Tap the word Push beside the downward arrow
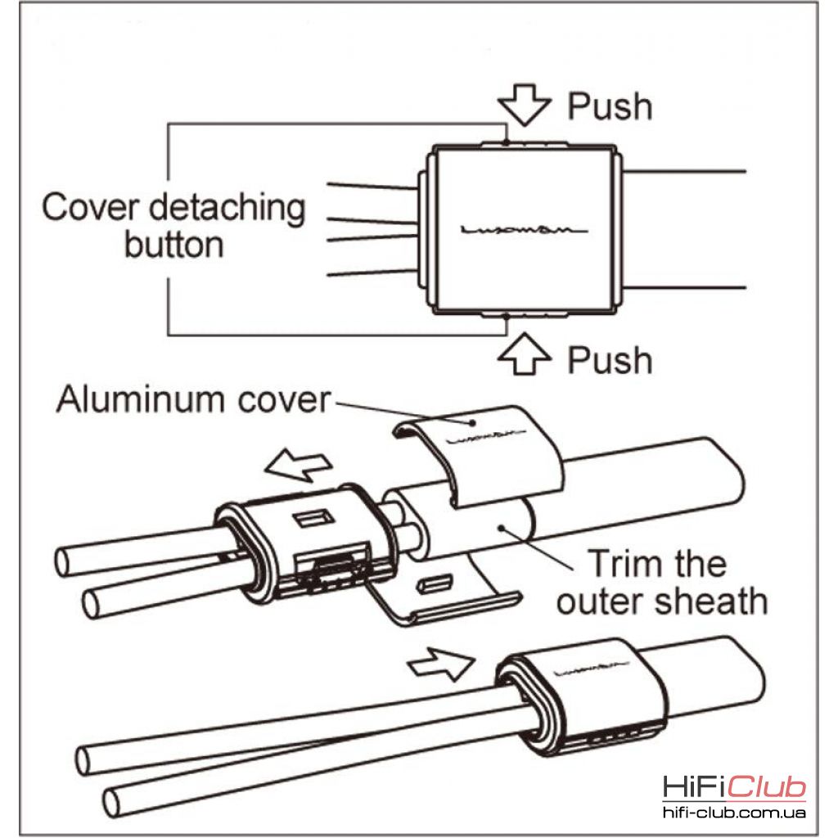tap(610, 106)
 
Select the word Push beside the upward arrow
tap(610, 360)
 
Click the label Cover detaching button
tap(173, 225)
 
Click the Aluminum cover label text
tap(193, 400)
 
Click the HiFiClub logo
tap(734, 788)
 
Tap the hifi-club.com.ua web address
tap(734, 813)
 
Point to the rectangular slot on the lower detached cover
tap(433, 584)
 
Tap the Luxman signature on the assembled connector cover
tap(594, 673)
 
